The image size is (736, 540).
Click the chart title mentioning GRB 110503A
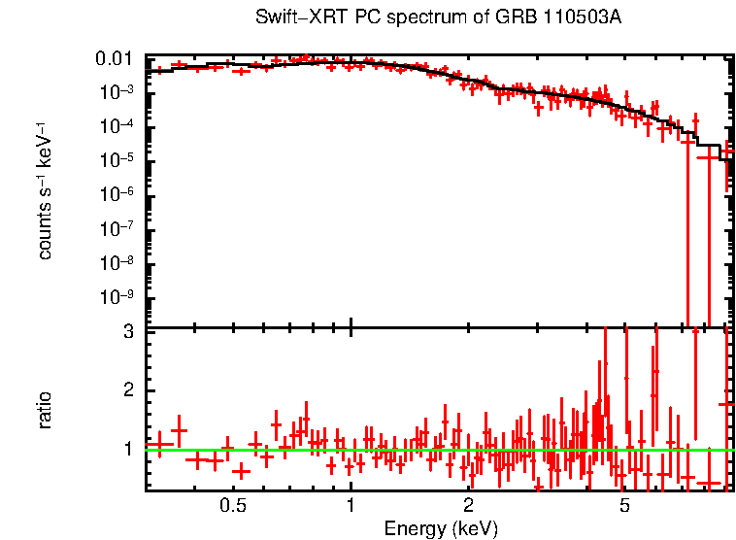pyautogui.click(x=437, y=18)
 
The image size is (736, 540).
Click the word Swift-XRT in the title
pyautogui.click(x=292, y=18)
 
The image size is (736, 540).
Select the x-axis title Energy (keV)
pyautogui.click(x=441, y=528)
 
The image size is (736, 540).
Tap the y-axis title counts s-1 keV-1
pyautogui.click(x=45, y=189)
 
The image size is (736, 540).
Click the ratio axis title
pyautogui.click(x=45, y=409)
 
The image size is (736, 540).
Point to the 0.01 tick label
pyautogui.click(x=118, y=59)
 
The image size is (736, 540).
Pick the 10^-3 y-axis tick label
pyautogui.click(x=122, y=92)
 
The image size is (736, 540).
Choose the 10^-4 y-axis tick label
pyautogui.click(x=122, y=126)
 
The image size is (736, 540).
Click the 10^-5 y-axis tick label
pyautogui.click(x=122, y=160)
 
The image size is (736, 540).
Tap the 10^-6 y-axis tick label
pyautogui.click(x=122, y=194)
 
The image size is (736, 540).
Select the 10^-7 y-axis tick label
pyautogui.click(x=122, y=228)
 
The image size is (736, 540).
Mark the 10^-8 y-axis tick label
pyautogui.click(x=122, y=262)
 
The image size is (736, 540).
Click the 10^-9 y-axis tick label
pyautogui.click(x=122, y=296)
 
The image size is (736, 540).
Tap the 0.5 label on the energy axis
pyautogui.click(x=232, y=506)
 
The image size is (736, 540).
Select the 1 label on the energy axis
pyautogui.click(x=351, y=506)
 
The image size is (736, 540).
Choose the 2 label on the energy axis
pyautogui.click(x=468, y=506)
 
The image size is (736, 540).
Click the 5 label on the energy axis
pyautogui.click(x=624, y=506)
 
